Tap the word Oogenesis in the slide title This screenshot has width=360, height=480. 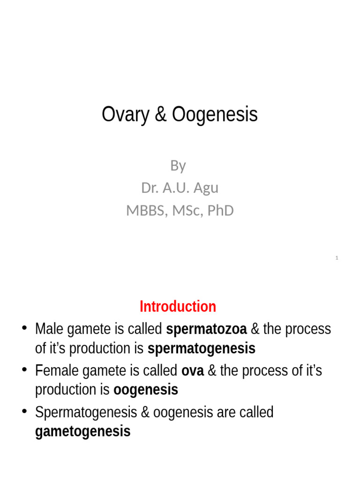(215, 115)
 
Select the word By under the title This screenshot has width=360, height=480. (178, 165)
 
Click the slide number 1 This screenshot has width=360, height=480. (337, 258)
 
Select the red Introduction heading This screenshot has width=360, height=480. (178, 307)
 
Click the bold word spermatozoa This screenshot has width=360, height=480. (206, 329)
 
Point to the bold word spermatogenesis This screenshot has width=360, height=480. (202, 349)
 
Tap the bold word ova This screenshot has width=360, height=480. (192, 371)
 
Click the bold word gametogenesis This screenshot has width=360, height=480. (82, 431)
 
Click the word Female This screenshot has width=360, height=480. (56, 371)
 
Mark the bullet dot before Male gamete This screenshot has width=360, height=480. (25, 328)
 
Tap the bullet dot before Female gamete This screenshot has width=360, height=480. (25, 370)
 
